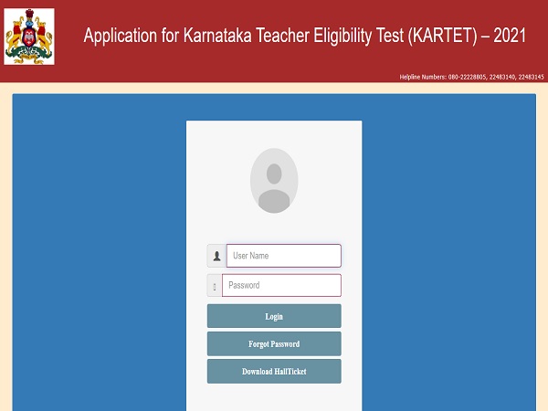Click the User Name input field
(x=283, y=256)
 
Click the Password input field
(x=281, y=285)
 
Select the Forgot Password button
(x=274, y=344)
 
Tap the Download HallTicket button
(x=274, y=372)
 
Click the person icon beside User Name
(x=216, y=256)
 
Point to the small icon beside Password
(x=215, y=286)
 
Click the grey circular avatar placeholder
(x=274, y=181)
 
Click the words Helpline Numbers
(x=424, y=77)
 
